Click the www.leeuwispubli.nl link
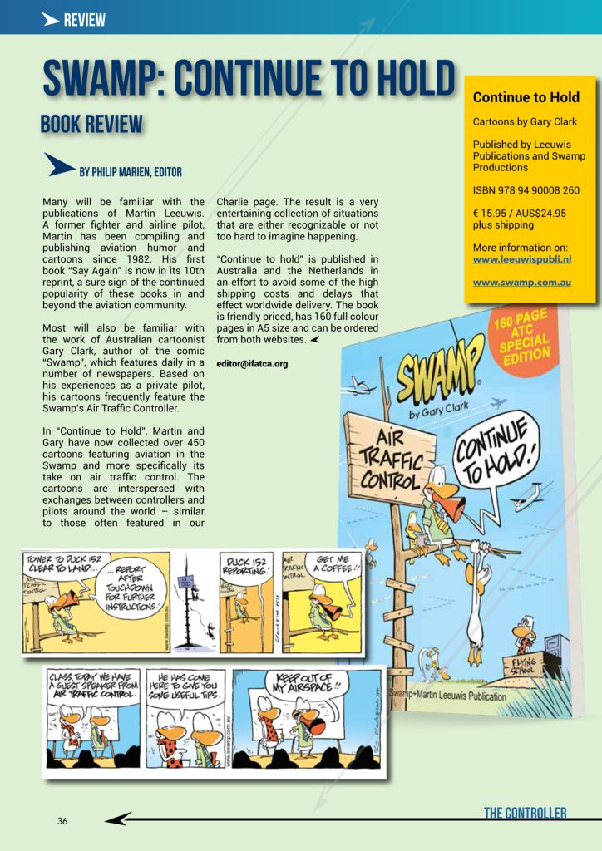click(521, 259)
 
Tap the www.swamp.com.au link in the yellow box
click(521, 283)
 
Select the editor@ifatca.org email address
click(252, 363)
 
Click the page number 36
click(62, 821)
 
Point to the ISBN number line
click(526, 190)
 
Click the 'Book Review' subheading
click(91, 125)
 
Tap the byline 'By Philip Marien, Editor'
click(130, 172)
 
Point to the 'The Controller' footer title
click(525, 813)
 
